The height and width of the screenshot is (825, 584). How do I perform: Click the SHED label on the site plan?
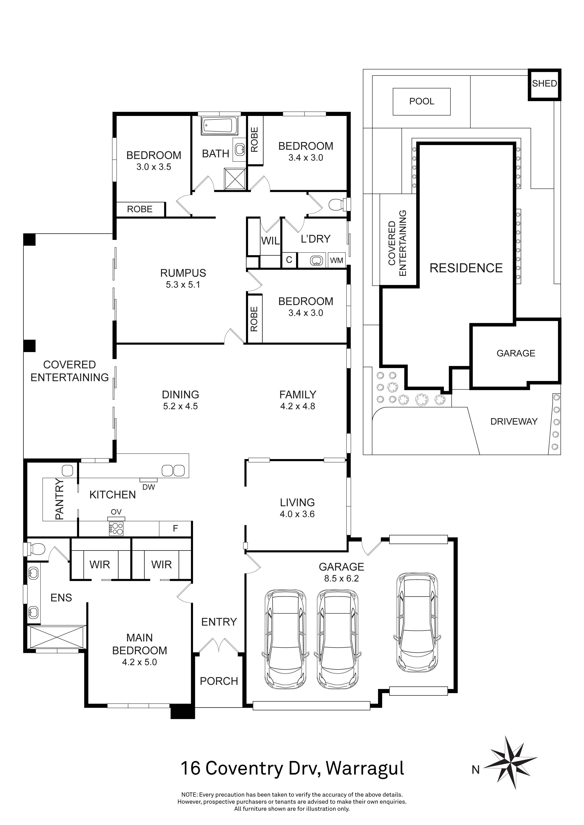point(544,84)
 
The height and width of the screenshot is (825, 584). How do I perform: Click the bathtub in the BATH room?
point(220,126)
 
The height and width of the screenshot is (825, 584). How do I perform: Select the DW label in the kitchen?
point(149,487)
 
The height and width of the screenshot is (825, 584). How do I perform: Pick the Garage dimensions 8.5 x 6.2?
point(341,579)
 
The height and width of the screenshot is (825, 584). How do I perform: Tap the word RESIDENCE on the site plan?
point(466,268)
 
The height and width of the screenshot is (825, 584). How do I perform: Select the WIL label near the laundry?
point(270,241)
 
